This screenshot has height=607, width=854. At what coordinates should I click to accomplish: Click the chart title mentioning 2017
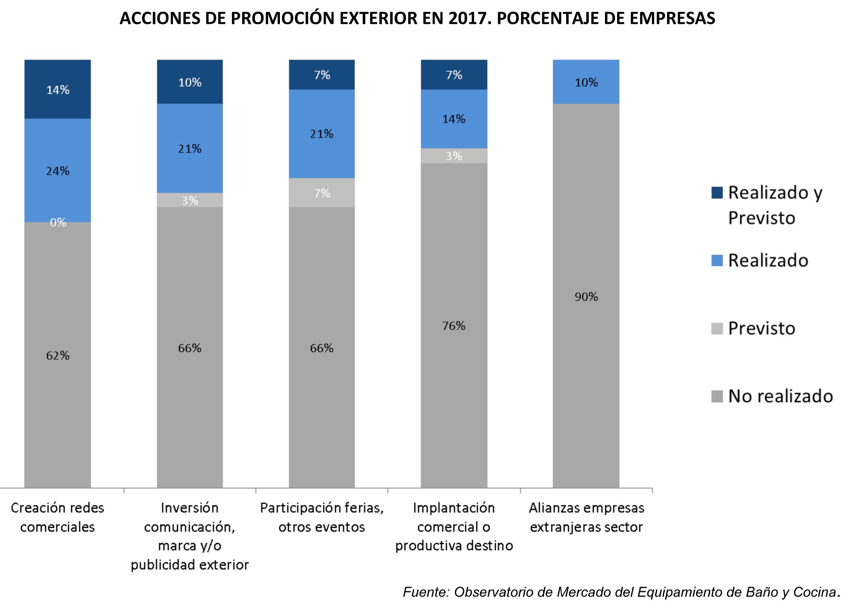click(417, 18)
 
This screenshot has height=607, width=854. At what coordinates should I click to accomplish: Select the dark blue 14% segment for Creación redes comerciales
click(58, 89)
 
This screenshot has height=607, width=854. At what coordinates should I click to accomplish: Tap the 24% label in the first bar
click(58, 171)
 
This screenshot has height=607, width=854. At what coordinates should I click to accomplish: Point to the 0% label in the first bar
click(58, 222)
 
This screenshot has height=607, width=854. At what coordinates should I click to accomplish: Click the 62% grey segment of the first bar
click(58, 355)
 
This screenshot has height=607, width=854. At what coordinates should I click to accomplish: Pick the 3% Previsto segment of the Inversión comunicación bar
click(190, 200)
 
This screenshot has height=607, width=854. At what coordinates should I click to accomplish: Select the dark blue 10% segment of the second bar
click(190, 82)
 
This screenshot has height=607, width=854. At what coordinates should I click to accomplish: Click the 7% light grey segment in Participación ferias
click(322, 193)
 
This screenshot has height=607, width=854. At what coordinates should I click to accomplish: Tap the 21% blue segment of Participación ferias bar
click(322, 134)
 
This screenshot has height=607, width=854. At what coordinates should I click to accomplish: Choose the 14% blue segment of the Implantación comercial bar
click(454, 119)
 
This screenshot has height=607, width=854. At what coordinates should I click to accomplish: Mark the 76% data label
click(454, 326)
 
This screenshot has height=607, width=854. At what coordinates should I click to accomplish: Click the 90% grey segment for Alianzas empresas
click(586, 296)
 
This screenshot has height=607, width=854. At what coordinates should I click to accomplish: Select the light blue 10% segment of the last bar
click(586, 82)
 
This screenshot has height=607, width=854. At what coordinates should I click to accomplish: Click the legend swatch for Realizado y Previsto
click(717, 193)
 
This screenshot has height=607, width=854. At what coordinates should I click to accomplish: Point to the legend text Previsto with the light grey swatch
click(761, 328)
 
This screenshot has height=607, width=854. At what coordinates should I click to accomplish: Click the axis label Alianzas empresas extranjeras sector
click(586, 517)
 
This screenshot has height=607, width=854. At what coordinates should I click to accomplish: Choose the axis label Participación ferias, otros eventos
click(322, 517)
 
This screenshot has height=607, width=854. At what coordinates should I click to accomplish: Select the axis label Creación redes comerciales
click(58, 517)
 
